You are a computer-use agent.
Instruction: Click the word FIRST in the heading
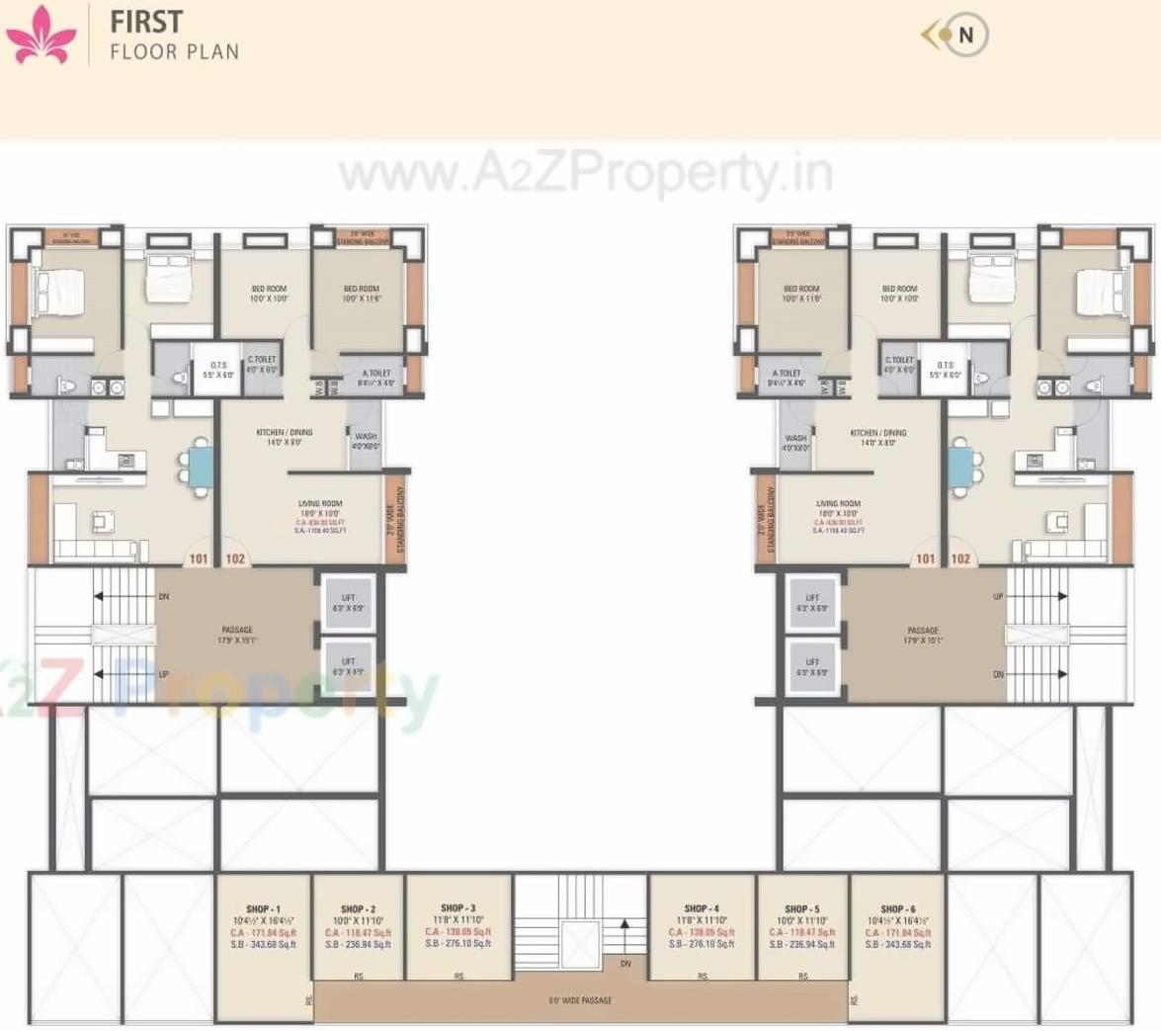(146, 21)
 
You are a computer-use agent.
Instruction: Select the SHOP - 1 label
(263, 909)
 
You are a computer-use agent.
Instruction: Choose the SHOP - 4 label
(701, 908)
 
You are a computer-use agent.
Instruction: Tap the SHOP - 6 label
(897, 908)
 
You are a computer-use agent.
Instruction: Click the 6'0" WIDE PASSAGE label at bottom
(580, 1000)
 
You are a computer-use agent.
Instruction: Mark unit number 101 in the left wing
(199, 558)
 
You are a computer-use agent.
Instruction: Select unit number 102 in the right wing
(960, 558)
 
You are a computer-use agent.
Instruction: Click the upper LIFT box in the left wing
(349, 603)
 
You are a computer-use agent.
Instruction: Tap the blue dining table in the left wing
(201, 467)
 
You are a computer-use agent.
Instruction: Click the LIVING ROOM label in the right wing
(838, 504)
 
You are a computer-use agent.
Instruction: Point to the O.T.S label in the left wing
(218, 365)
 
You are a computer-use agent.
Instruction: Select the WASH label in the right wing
(795, 438)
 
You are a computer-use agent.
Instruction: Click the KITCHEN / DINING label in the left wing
(284, 433)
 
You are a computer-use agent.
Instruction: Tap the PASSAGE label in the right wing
(923, 631)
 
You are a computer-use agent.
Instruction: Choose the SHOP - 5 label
(801, 908)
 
